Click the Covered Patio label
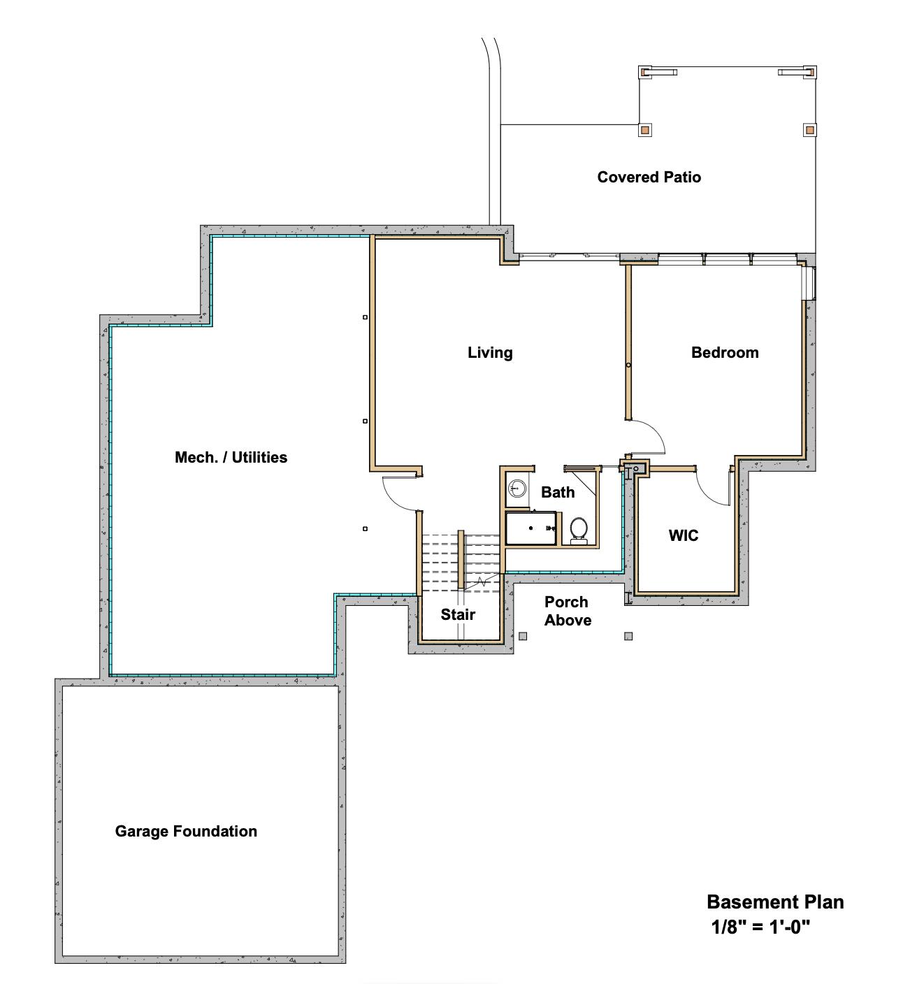pos(649,178)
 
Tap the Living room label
pos(490,353)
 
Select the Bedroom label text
pos(725,353)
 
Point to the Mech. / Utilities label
pos(231,458)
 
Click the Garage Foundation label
pos(186,832)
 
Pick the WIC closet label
pos(683,536)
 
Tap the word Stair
pos(458,615)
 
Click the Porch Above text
pos(567,612)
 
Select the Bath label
pos(558,493)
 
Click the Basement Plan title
pos(775,902)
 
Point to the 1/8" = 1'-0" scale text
pos(760,928)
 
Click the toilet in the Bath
pos(579,529)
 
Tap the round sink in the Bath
pos(517,487)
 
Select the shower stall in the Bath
pos(531,529)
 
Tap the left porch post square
pos(523,636)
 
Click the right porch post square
pos(628,636)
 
